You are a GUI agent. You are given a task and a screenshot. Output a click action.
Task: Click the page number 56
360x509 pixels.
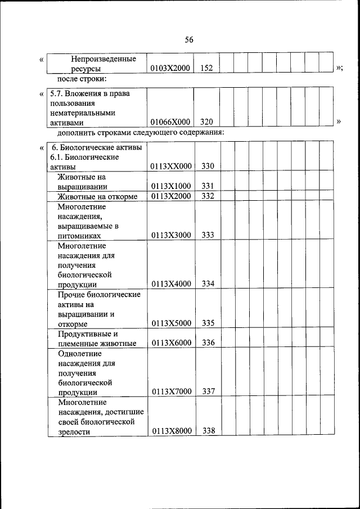pyautogui.click(x=189, y=39)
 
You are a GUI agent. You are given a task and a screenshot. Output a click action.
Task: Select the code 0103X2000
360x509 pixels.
pyautogui.click(x=170, y=68)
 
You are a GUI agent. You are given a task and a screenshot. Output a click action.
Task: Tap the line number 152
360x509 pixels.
pyautogui.click(x=206, y=68)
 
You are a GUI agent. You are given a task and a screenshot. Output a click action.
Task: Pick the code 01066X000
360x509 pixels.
pyautogui.click(x=170, y=122)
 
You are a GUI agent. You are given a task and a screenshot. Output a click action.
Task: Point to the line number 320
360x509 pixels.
pyautogui.click(x=206, y=122)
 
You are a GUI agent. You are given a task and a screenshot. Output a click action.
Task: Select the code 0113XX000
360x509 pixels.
pyautogui.click(x=171, y=166)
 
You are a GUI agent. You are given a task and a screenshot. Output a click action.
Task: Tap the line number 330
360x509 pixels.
pyautogui.click(x=208, y=166)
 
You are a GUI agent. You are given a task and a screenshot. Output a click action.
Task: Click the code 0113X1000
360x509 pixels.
pyautogui.click(x=171, y=186)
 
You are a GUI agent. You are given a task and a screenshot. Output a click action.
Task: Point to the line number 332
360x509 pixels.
pyautogui.click(x=208, y=196)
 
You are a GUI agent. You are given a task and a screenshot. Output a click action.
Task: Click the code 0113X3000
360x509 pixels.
pyautogui.click(x=171, y=236)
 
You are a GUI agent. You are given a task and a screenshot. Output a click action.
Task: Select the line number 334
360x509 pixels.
pyautogui.click(x=208, y=284)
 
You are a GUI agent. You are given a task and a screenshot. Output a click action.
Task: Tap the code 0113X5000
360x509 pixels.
pyautogui.click(x=171, y=323)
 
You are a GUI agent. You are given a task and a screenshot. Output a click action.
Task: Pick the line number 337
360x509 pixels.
pyautogui.click(x=208, y=391)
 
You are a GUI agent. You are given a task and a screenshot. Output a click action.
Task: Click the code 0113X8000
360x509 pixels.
pyautogui.click(x=171, y=431)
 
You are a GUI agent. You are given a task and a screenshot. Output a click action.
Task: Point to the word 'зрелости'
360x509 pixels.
pyautogui.click(x=74, y=432)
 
